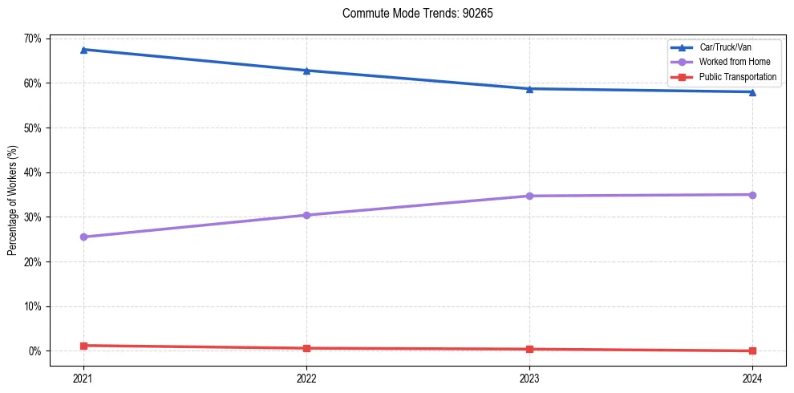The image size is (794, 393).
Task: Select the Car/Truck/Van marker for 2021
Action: (x=83, y=50)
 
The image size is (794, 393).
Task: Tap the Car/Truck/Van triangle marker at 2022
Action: (x=306, y=71)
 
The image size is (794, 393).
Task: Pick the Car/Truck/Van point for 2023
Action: (x=529, y=89)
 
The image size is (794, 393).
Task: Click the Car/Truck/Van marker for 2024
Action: (x=752, y=91)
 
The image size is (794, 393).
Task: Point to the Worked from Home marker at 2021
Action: (x=83, y=237)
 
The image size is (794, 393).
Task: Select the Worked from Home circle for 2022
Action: (x=306, y=215)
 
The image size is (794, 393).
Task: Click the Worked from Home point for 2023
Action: (x=529, y=196)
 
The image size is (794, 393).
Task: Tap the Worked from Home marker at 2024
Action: (x=752, y=195)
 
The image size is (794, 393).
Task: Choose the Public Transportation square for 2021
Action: (x=83, y=346)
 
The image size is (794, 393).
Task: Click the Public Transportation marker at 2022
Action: (x=306, y=348)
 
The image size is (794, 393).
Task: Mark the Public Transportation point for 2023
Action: (x=529, y=349)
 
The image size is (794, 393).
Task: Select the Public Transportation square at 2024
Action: (x=752, y=350)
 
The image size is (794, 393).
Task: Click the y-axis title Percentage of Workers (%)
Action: (x=13, y=201)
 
